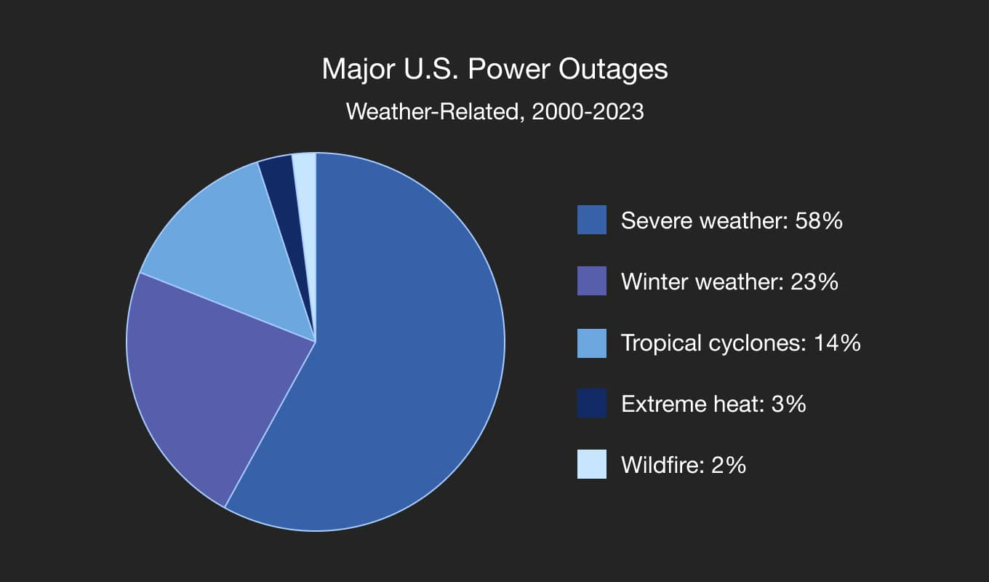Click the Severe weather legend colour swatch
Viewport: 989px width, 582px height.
[592, 220]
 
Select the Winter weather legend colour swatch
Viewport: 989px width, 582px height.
[592, 281]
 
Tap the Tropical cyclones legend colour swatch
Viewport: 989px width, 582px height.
[592, 343]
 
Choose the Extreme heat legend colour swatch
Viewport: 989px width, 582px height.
[592, 403]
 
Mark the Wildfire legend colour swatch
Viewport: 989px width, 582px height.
[592, 464]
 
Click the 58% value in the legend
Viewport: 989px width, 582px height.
[819, 220]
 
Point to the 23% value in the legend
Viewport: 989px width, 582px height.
[814, 282]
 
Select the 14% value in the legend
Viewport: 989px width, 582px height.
[838, 343]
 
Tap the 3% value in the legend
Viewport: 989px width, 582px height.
[789, 404]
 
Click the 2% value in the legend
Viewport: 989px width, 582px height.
[729, 465]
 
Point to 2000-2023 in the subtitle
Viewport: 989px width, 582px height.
[588, 111]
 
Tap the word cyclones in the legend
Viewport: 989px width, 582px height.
[758, 343]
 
